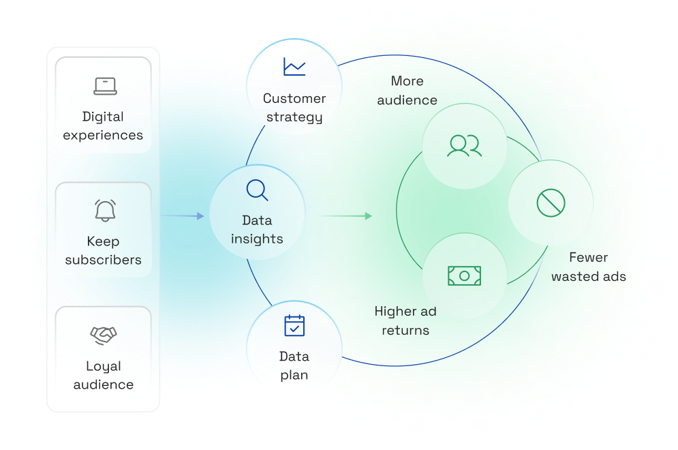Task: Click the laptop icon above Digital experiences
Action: click(105, 87)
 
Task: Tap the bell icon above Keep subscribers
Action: click(105, 211)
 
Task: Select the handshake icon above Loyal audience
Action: click(104, 335)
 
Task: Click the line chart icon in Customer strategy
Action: click(294, 67)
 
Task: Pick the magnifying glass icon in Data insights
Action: click(257, 190)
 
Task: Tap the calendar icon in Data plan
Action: click(294, 325)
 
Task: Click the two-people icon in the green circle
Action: click(464, 146)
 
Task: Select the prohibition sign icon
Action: click(551, 202)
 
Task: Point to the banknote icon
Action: click(464, 275)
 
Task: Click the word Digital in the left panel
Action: click(103, 117)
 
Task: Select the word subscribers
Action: click(104, 260)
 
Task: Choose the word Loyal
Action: click(104, 366)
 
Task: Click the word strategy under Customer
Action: click(294, 117)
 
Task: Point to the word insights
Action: click(257, 239)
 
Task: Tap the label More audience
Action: click(407, 91)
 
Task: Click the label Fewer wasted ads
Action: click(589, 267)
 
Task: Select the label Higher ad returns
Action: click(405, 321)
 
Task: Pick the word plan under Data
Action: click(294, 375)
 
